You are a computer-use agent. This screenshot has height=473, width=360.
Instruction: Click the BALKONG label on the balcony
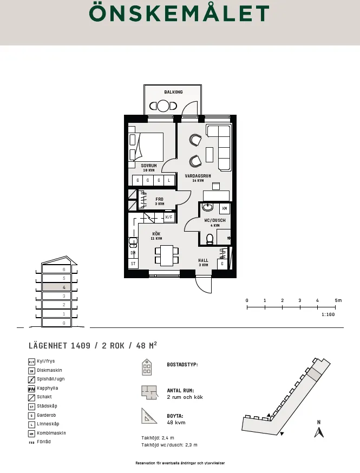pyautogui.click(x=173, y=92)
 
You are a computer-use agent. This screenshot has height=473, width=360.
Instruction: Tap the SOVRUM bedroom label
pyautogui.click(x=149, y=166)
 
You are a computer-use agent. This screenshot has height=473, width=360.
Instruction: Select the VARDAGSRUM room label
pyautogui.click(x=198, y=176)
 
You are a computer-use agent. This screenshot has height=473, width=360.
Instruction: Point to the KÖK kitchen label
pyautogui.click(x=156, y=234)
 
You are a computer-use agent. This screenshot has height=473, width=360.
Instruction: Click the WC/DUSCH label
pyautogui.click(x=215, y=220)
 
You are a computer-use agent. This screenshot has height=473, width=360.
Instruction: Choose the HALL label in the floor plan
pyautogui.click(x=203, y=260)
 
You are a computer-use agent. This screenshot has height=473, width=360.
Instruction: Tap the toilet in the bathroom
pyautogui.click(x=211, y=238)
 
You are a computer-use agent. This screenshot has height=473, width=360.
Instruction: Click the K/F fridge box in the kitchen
pyautogui.click(x=169, y=217)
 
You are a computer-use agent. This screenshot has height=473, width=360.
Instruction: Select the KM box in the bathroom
pyautogui.click(x=224, y=208)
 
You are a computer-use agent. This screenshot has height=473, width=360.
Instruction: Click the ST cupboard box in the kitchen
pyautogui.click(x=133, y=264)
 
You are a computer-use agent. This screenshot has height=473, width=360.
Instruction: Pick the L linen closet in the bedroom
pyautogui.click(x=169, y=180)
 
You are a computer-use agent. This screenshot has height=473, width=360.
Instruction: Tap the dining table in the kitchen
pyautogui.click(x=167, y=255)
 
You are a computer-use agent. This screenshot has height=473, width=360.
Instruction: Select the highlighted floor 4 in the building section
pyautogui.click(x=56, y=287)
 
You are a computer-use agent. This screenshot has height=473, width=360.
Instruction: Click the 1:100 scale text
pyautogui.click(x=328, y=314)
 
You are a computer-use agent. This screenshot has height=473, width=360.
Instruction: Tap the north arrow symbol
pyautogui.click(x=319, y=431)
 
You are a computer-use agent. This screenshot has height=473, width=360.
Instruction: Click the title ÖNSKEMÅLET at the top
pyautogui.click(x=179, y=14)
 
